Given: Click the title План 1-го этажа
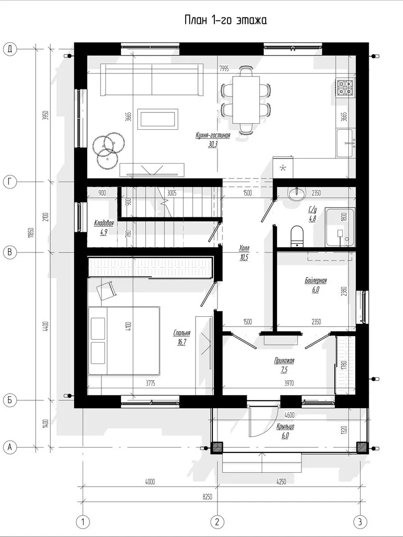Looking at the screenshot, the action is coord(225,20).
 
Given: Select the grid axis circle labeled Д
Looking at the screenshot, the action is coord(10,49).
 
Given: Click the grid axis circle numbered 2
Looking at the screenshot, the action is coord(217,522).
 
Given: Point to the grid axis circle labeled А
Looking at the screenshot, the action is coord(10,447).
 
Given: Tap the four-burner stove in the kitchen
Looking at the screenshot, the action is coord(345,88).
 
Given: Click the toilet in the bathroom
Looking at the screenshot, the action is coord(297,236).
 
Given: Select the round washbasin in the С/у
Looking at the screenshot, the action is coord(296,194).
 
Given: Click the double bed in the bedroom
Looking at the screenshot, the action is coord(124,341).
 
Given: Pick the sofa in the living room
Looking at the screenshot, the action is coord(152,80).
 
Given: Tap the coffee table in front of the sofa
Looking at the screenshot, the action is coord(158,119).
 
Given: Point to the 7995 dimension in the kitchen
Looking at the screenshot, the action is coord(224,69).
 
